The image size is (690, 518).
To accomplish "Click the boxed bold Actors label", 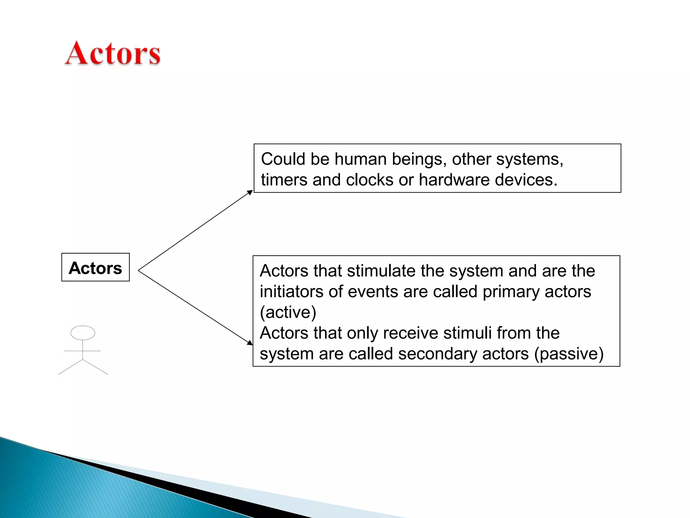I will pos(95,268).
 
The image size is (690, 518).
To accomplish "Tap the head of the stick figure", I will pos(83,333).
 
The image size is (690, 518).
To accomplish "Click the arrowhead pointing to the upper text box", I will pos(250,193).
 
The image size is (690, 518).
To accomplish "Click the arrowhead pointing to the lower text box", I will pos(250,343).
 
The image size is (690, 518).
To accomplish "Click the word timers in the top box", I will pos(284,180).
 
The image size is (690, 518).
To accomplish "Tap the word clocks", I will pos(370,180).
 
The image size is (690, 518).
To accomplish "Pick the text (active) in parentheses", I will pos(288,312).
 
